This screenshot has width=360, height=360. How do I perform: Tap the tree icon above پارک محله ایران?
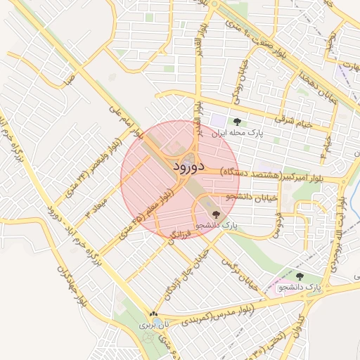point(235,122)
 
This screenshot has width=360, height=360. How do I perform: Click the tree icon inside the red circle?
point(215,214)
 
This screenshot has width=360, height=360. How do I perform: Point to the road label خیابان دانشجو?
point(244,196)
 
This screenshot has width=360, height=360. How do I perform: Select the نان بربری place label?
point(150,325)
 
